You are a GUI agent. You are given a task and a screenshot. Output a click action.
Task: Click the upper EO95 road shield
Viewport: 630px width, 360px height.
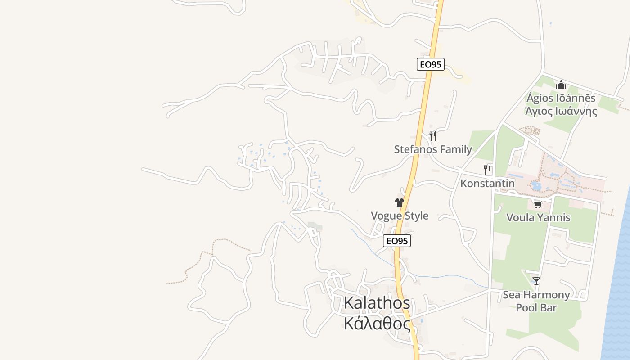tap(431, 64)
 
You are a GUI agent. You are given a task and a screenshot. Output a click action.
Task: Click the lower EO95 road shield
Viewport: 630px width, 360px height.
tap(397, 241)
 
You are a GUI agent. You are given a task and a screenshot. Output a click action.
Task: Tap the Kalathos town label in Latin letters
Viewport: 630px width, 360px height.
tap(377, 303)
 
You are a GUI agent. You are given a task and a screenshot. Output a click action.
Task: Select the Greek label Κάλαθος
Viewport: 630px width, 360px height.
tap(377, 324)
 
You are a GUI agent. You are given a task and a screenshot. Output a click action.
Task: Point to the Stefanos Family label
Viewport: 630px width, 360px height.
tap(433, 149)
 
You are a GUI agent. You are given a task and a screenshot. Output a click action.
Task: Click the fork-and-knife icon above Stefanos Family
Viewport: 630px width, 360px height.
tap(433, 135)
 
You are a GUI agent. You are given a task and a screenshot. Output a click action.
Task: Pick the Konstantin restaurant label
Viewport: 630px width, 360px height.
tap(487, 183)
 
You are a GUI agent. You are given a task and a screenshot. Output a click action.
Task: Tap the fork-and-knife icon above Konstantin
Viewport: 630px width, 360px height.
tap(487, 170)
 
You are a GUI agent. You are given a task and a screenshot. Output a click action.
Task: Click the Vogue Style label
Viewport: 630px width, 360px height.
tap(400, 216)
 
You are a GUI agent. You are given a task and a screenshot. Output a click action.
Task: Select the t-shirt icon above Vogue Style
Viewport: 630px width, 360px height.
tap(400, 202)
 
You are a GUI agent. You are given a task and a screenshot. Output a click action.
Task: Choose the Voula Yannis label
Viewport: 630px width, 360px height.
tap(538, 217)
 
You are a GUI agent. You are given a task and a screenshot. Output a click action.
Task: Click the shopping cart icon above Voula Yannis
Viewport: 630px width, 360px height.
tap(538, 205)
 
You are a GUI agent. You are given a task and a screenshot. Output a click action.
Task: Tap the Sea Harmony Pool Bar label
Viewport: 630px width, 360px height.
tap(536, 301)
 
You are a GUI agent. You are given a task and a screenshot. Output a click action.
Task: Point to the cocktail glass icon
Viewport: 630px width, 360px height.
tap(536, 281)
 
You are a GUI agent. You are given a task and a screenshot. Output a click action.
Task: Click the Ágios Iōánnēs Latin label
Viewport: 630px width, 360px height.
tap(561, 98)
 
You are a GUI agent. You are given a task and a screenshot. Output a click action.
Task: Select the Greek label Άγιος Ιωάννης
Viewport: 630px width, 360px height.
tap(561, 111)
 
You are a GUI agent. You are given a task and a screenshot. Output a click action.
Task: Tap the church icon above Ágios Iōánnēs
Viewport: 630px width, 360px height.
tap(561, 85)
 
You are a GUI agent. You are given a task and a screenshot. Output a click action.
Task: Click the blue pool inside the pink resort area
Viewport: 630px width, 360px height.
tap(536, 186)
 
